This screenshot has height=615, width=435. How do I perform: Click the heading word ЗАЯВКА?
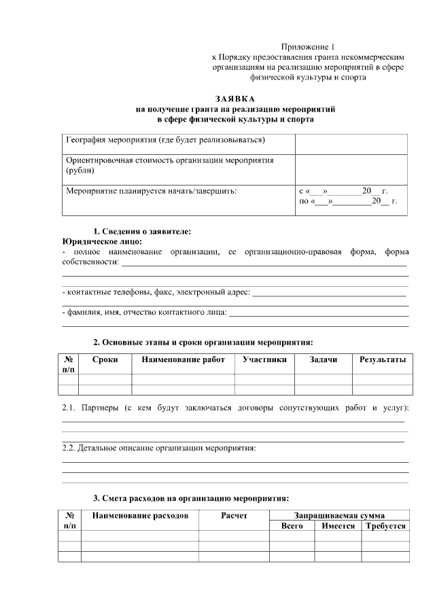[x=235, y=99]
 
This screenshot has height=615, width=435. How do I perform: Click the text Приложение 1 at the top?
[x=309, y=47]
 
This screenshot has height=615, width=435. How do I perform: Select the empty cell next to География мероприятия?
[x=351, y=143]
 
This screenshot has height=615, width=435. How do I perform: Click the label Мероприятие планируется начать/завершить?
[x=152, y=191]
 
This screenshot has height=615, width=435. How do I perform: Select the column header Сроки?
[x=105, y=359]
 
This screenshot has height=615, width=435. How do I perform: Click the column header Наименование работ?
[x=183, y=359]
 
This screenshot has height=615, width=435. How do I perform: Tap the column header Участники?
[x=264, y=359]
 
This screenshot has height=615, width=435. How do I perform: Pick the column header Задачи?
[x=323, y=359]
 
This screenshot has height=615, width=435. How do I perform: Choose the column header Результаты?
[x=382, y=359]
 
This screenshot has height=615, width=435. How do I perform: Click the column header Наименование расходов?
[x=140, y=516]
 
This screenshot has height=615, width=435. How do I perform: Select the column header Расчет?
[x=234, y=516]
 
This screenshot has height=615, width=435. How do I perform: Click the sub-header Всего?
[x=292, y=526]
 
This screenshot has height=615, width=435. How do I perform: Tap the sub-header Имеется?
[x=338, y=526]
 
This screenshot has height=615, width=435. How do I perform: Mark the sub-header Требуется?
[x=385, y=526]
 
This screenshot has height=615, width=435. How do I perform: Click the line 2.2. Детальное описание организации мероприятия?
[x=158, y=449]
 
